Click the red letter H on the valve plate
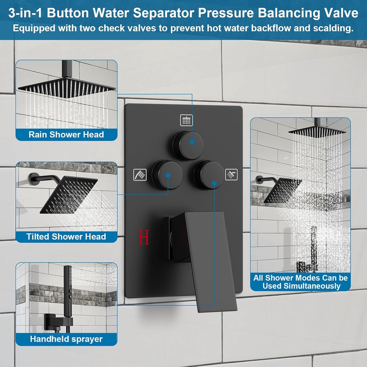pos(144,237)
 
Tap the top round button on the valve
pos(188,146)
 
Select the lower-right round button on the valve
pos(209,175)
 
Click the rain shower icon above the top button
pos(186,120)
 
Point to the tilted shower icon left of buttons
pos(140,175)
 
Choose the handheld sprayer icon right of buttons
pos(231,174)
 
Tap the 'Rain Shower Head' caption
pos(66,135)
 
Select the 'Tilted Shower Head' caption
pos(66,237)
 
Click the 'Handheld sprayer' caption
pos(66,339)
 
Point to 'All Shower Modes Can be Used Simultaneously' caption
pos(300,282)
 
